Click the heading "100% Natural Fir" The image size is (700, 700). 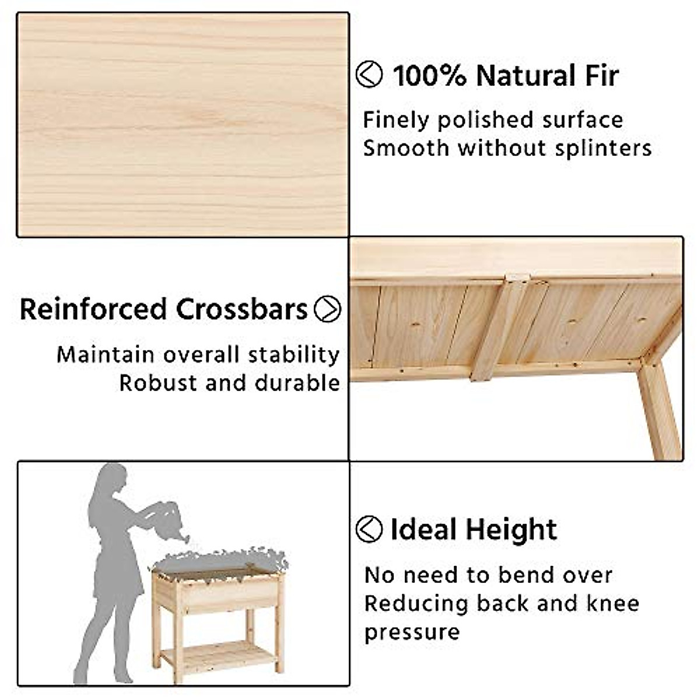pos(505,76)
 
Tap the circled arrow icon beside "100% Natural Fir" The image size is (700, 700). pos(369,75)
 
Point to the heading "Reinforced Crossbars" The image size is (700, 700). pos(164,309)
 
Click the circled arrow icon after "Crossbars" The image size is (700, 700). pos(327,309)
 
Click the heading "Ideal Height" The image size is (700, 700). pos(474,530)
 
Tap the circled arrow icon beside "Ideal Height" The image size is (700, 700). pos(369,529)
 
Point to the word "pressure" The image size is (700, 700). pos(412,632)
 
